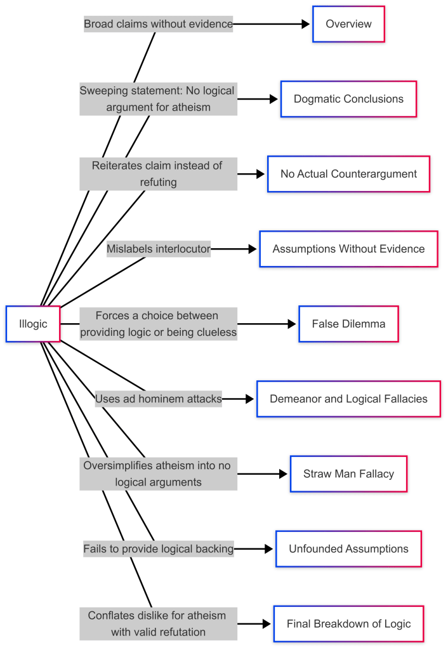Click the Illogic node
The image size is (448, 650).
33,324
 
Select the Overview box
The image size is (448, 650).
348,24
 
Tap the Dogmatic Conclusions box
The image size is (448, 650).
348,99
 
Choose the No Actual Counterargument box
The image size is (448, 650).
348,174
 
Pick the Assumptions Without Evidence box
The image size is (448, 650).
348,249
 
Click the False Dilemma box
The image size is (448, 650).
348,324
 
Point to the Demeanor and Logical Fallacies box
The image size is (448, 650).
348,399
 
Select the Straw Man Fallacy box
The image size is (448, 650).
348,474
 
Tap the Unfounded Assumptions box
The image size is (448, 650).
348,549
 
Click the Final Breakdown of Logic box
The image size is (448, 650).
348,624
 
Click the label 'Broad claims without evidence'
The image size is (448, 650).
159,25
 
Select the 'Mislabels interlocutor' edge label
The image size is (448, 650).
159,249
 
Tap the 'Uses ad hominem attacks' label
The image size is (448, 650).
159,399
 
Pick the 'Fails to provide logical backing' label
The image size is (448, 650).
159,549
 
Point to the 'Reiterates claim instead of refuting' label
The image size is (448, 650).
159,174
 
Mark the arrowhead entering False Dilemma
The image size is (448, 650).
292,324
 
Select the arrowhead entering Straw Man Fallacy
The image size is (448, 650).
284,474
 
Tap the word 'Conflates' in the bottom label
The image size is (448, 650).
111,616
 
